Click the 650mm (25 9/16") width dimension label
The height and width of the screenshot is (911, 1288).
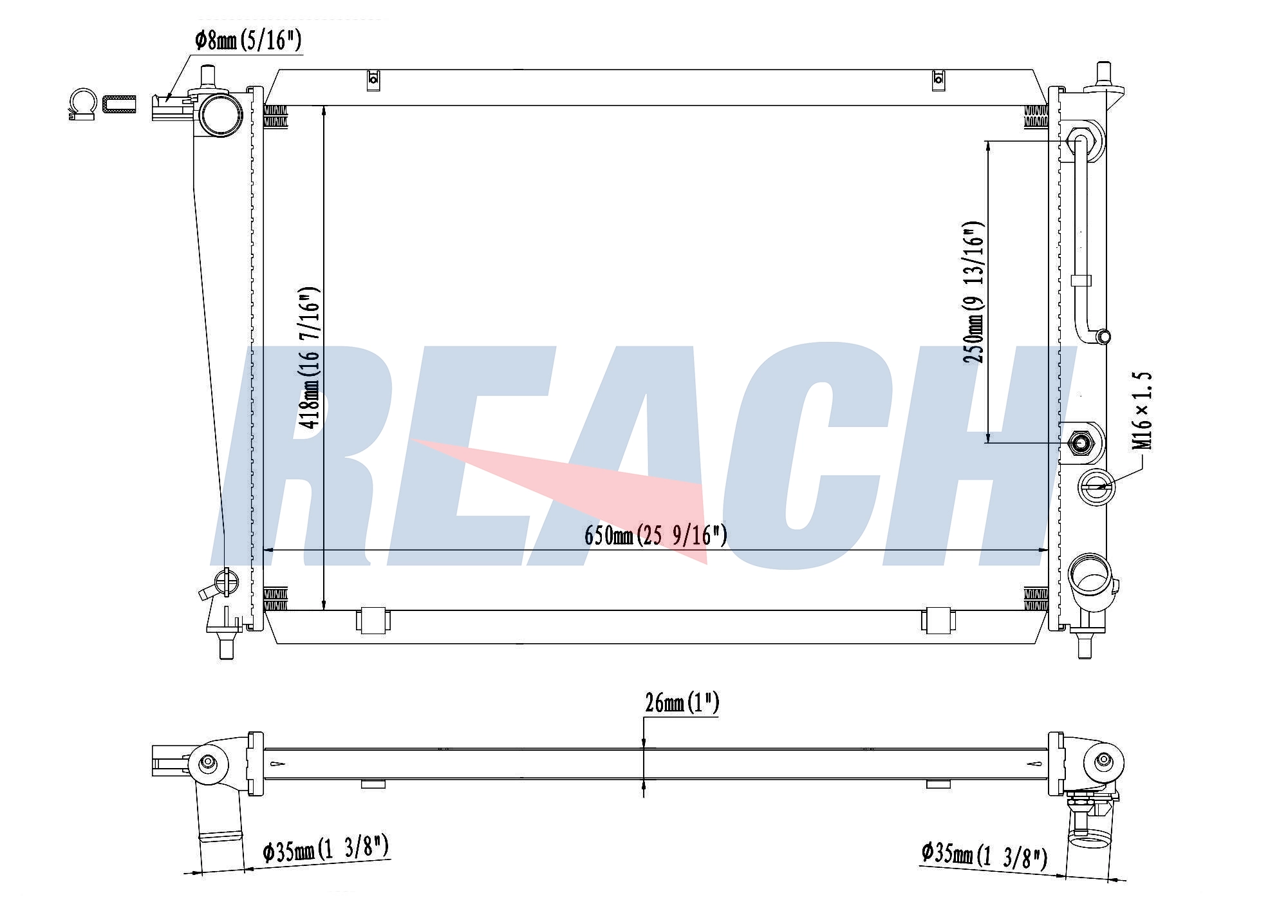click(656, 535)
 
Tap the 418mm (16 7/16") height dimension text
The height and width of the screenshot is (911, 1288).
click(310, 358)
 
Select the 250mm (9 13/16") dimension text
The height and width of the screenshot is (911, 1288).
click(974, 293)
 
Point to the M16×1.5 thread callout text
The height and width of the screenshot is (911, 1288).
click(1143, 411)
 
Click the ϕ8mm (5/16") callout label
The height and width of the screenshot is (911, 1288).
click(248, 41)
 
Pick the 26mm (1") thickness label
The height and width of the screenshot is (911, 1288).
click(682, 703)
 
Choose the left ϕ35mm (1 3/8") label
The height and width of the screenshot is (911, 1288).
click(326, 849)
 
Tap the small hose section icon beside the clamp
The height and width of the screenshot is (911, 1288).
click(120, 104)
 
